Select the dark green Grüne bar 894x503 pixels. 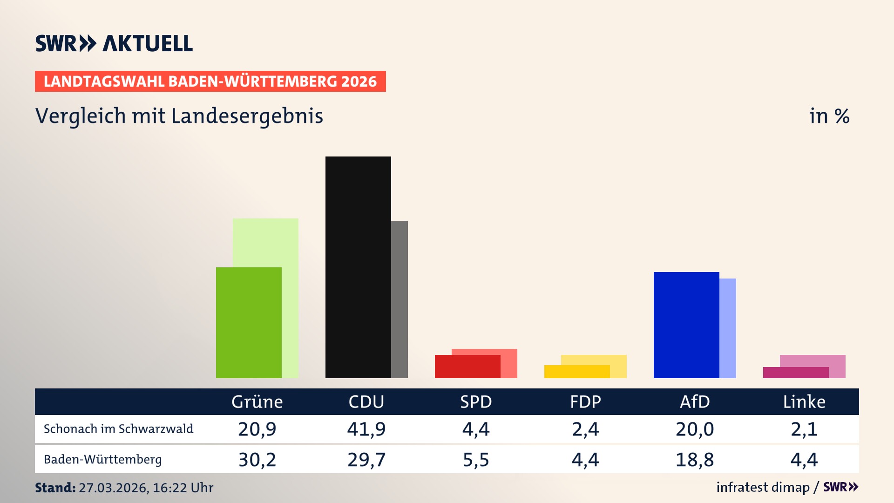pyautogui.click(x=249, y=322)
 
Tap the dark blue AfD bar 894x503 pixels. pyautogui.click(x=686, y=325)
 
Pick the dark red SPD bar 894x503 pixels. pyautogui.click(x=467, y=366)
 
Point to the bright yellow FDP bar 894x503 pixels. pyautogui.click(x=577, y=372)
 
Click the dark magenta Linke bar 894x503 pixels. pyautogui.click(x=796, y=373)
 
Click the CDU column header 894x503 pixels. pyautogui.click(x=366, y=401)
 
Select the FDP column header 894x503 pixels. pyautogui.click(x=585, y=401)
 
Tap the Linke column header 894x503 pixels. pyautogui.click(x=804, y=401)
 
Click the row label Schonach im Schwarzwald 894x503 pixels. pyautogui.click(x=118, y=429)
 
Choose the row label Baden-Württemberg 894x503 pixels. pyautogui.click(x=103, y=460)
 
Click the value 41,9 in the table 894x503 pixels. pyautogui.click(x=366, y=429)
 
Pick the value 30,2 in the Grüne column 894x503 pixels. pyautogui.click(x=257, y=460)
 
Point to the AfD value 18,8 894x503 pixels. pyautogui.click(x=695, y=460)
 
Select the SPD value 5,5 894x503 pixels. pyautogui.click(x=476, y=460)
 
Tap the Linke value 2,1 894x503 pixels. pyautogui.click(x=804, y=429)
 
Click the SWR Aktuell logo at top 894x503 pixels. pyautogui.click(x=114, y=43)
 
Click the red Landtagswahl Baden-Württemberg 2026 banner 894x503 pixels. pyautogui.click(x=210, y=82)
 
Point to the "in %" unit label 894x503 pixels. pyautogui.click(x=829, y=116)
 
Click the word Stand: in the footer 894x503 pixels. pyautogui.click(x=55, y=488)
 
